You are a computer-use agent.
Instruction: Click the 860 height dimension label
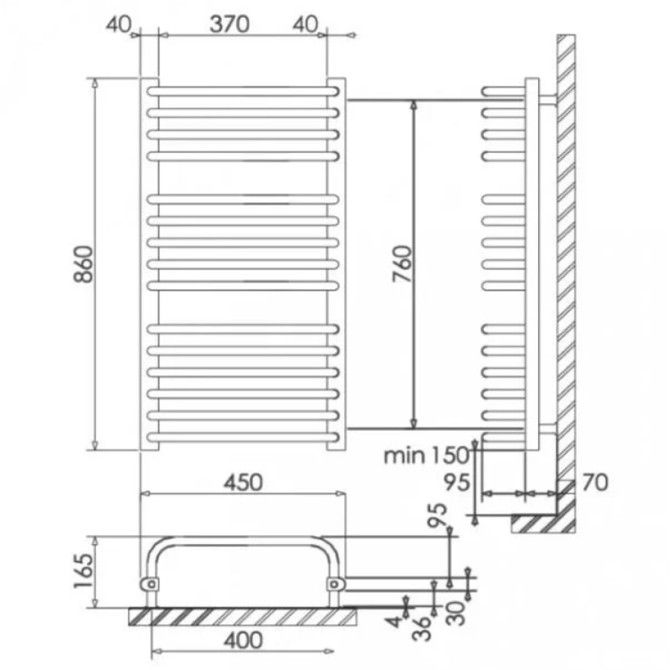pyautogui.click(x=83, y=264)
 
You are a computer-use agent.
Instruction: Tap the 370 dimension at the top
pyautogui.click(x=229, y=24)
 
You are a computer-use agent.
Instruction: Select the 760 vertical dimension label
pyautogui.click(x=403, y=264)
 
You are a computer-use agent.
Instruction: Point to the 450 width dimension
pyautogui.click(x=243, y=482)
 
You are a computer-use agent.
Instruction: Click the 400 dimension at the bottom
pyautogui.click(x=243, y=640)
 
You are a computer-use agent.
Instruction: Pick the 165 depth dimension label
pyautogui.click(x=83, y=571)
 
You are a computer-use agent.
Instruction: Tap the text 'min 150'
pyautogui.click(x=427, y=456)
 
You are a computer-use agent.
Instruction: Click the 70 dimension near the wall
pyautogui.click(x=595, y=482)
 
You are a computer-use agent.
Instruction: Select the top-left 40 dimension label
pyautogui.click(x=118, y=25)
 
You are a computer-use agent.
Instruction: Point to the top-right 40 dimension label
pyautogui.click(x=305, y=25)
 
